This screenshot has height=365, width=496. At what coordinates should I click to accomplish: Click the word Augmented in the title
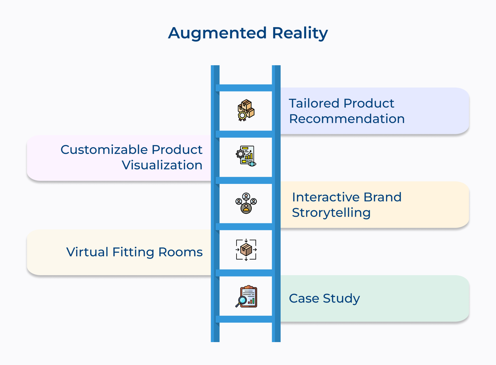tap(217, 33)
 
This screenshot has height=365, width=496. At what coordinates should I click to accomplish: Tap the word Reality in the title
tap(300, 33)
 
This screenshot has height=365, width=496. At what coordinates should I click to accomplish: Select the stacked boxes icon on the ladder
tap(246, 110)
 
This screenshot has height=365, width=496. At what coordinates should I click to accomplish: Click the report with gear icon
tap(246, 156)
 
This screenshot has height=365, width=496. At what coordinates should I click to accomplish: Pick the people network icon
tap(246, 203)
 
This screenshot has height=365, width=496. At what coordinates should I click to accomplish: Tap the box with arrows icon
tap(246, 250)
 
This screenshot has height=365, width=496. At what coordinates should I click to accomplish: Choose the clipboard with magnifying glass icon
tap(246, 297)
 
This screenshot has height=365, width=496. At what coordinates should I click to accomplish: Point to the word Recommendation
tap(347, 119)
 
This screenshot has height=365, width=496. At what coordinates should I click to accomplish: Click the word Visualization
tap(162, 165)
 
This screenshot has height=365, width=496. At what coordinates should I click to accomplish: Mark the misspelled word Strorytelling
tap(331, 213)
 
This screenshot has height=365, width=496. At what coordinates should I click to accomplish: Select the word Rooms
tap(180, 252)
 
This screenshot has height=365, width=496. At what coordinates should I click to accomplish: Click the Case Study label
tap(324, 298)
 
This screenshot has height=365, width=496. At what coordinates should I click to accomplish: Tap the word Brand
tap(383, 197)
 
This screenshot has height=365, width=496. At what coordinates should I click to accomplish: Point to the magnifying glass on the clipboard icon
tap(242, 300)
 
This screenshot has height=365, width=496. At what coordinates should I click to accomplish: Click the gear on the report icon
tap(240, 154)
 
